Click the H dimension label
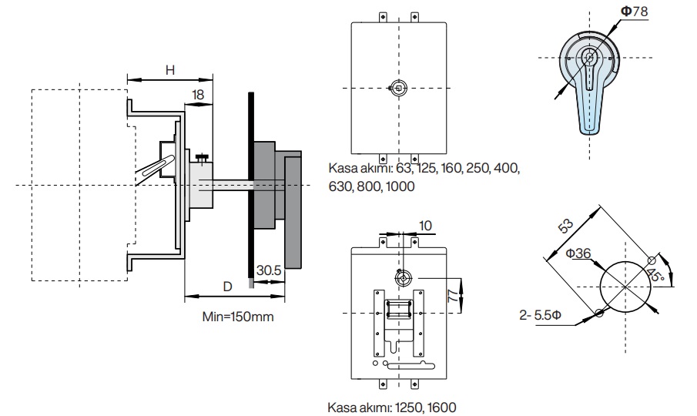pos(169,70)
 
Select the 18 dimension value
pos(198,95)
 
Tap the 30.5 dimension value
pos(269,270)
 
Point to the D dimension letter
pos(228,287)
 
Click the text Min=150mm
pos(238,317)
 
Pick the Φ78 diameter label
pos(635,11)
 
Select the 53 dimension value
pos(566,226)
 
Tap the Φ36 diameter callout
pos(578,253)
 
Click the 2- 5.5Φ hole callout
pos(540,315)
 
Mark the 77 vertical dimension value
pos(453,296)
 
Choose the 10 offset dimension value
pos(425,226)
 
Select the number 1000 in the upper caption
pos(400,186)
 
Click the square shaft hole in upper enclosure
pos(399,88)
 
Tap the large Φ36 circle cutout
pos(625,287)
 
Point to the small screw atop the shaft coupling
pos(203,158)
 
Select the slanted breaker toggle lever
pos(152,169)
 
